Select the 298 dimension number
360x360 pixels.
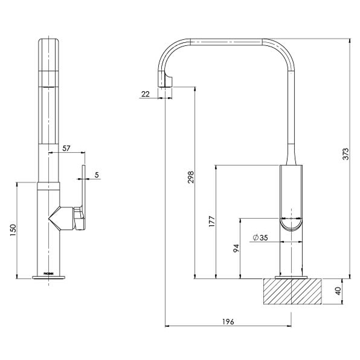pos(190,177)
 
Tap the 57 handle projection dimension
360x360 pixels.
pos(66,147)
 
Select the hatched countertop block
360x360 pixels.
pos(292,293)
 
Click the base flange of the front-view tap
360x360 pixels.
pos(50,278)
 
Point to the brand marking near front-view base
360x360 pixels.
pos(50,273)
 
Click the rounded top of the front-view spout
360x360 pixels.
pos(50,43)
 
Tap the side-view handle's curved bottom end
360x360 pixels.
pos(292,226)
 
